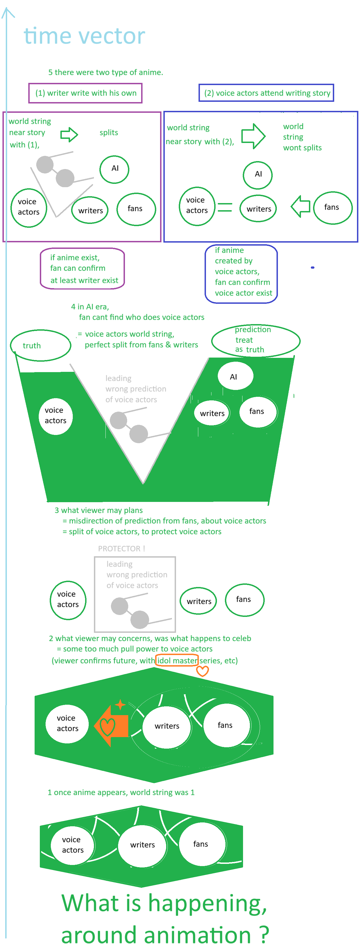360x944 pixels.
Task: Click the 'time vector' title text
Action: point(84,36)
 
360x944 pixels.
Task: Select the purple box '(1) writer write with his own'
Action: point(85,93)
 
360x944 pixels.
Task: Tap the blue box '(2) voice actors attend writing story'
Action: point(267,93)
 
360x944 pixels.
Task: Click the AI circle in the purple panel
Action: point(115,169)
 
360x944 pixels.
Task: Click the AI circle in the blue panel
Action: point(258,175)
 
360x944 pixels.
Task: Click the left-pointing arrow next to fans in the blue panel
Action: point(301,206)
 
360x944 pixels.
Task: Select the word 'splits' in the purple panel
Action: point(109,133)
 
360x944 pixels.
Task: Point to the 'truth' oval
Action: point(41,345)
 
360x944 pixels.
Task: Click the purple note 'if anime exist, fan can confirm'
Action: point(82,269)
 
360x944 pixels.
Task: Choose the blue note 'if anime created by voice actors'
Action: point(241,274)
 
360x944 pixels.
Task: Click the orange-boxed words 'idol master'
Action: point(177,660)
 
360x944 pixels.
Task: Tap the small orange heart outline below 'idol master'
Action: point(202,671)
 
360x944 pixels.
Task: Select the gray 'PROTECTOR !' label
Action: point(121,549)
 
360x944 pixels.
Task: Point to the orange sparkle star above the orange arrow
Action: point(120,704)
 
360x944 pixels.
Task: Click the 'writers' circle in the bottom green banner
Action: point(142,845)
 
